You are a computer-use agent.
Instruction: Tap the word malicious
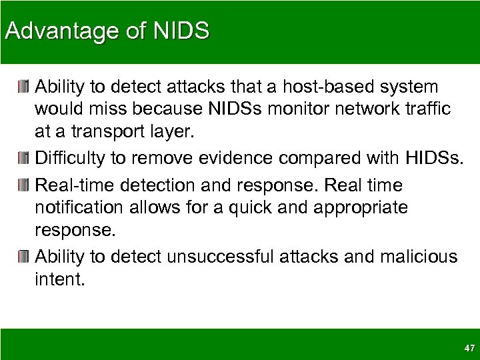(x=422, y=256)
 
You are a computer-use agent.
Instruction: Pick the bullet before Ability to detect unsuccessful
(x=25, y=256)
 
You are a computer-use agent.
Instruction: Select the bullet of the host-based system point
(x=25, y=87)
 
